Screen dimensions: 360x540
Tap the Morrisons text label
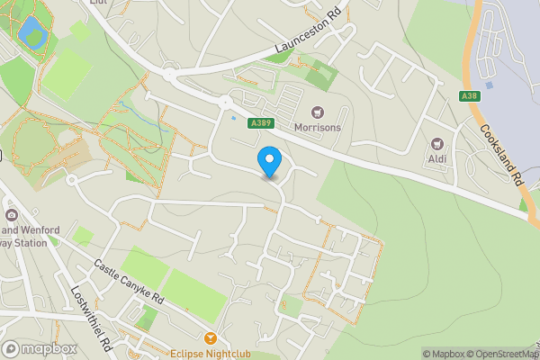pyautogui.click(x=318, y=128)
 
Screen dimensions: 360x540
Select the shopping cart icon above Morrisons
pyautogui.click(x=317, y=112)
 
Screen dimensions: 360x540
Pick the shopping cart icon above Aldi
pyautogui.click(x=438, y=143)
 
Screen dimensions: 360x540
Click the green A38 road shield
pyautogui.click(x=468, y=96)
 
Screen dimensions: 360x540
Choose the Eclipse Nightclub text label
pyautogui.click(x=211, y=353)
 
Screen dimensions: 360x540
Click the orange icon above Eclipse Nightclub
pyautogui.click(x=211, y=338)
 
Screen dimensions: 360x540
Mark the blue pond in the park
pyautogui.click(x=31, y=31)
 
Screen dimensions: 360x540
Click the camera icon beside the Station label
pyautogui.click(x=11, y=215)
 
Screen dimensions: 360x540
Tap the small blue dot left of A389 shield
pyautogui.click(x=233, y=118)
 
